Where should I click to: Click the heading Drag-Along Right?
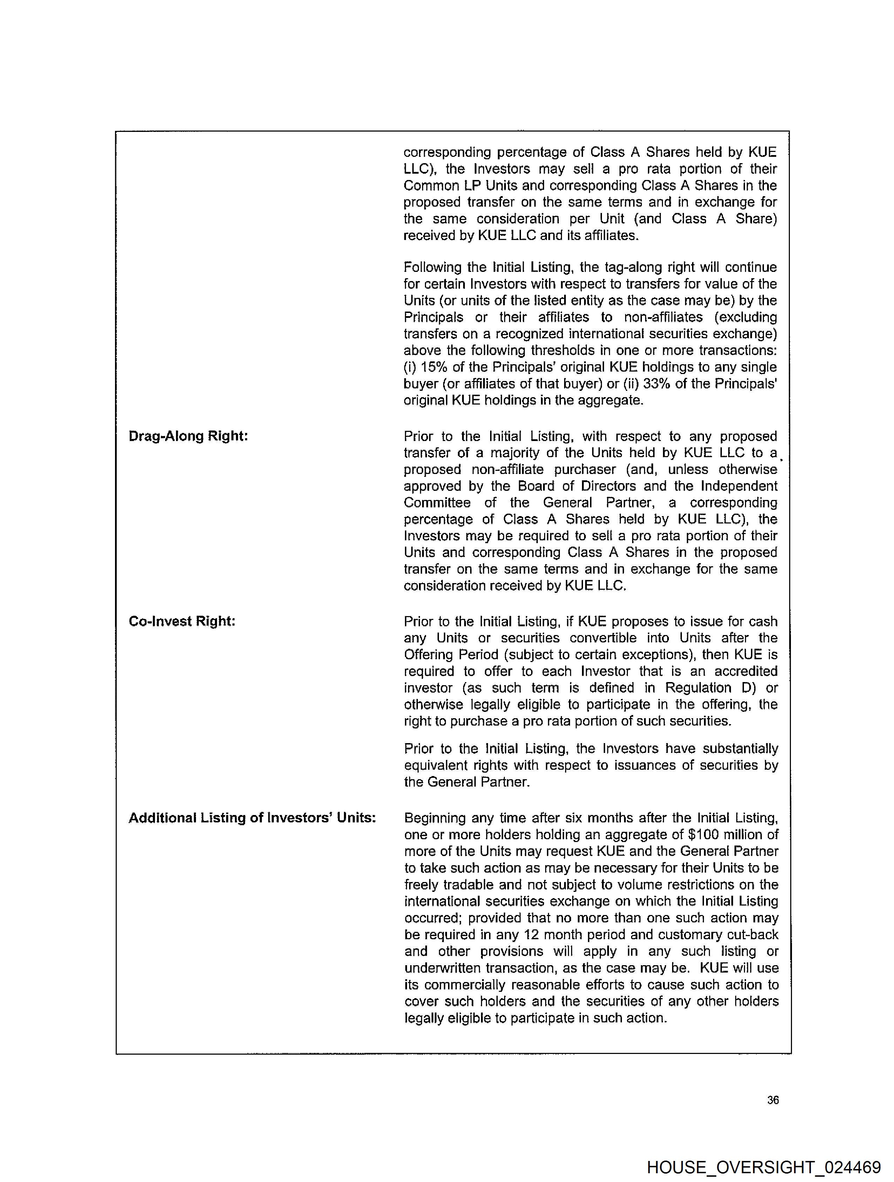(x=188, y=436)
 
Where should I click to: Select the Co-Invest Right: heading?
(x=182, y=621)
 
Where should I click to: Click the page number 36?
(x=773, y=1100)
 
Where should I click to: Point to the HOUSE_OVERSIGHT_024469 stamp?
(x=763, y=1167)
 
